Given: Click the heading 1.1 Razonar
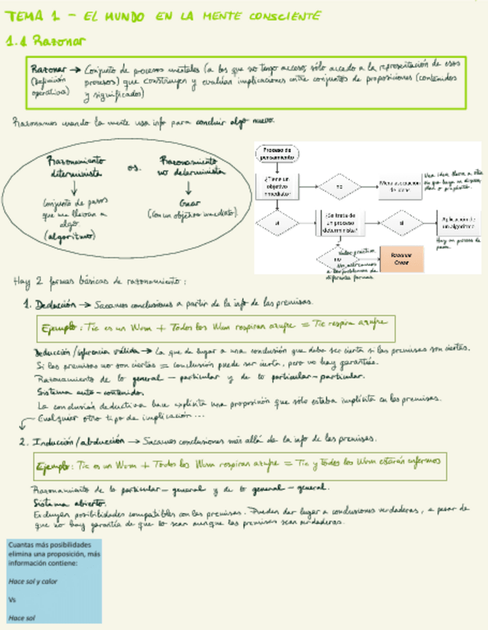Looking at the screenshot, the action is [x=45, y=42].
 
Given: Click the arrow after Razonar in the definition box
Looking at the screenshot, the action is [x=78, y=67].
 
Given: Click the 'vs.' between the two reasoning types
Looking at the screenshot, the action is [x=135, y=168].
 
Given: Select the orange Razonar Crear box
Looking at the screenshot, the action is [x=400, y=259].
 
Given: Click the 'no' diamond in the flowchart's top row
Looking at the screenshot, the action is [x=338, y=186].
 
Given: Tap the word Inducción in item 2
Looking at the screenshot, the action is [x=58, y=441].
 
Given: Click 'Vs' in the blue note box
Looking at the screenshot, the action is [x=12, y=599].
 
